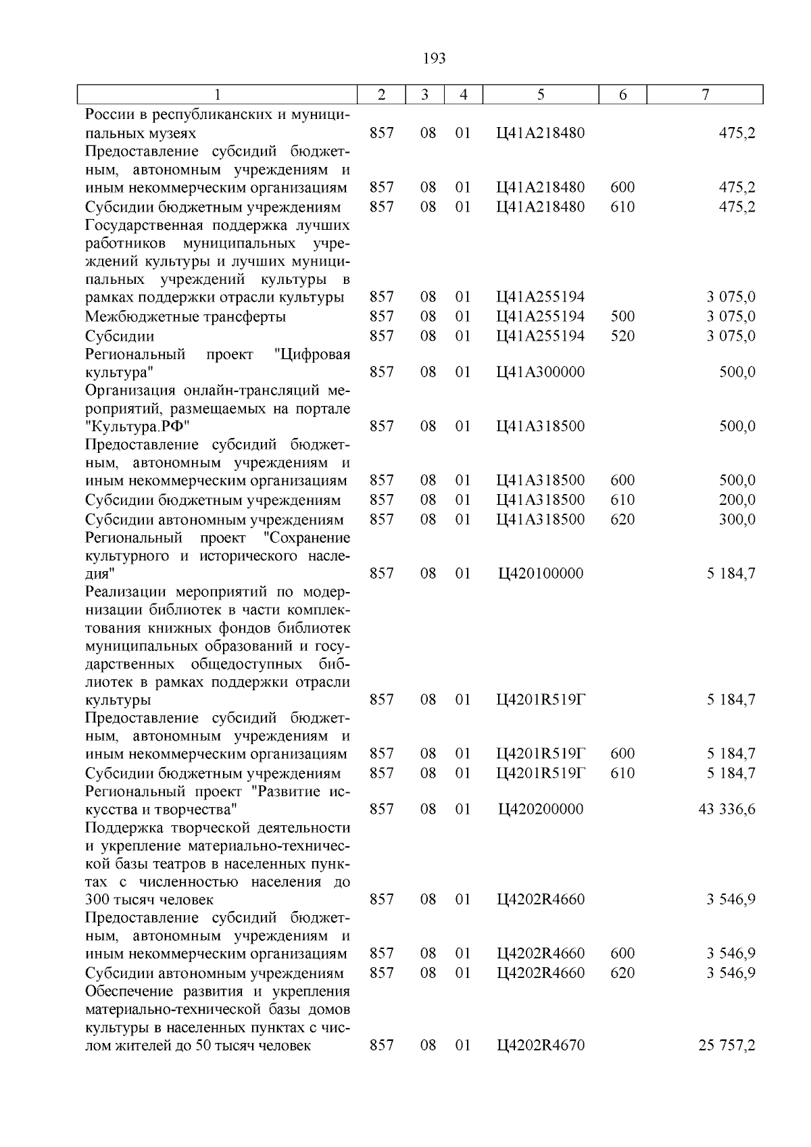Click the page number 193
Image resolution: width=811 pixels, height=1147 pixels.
pyautogui.click(x=434, y=59)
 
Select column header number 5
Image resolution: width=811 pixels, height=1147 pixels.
pyautogui.click(x=541, y=95)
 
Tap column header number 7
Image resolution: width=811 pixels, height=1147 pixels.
pyautogui.click(x=705, y=95)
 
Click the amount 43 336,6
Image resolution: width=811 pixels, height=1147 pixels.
pyautogui.click(x=727, y=809)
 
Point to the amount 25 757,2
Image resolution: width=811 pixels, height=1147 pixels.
pyautogui.click(x=727, y=1046)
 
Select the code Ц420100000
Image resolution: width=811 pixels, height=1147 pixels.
pyautogui.click(x=541, y=573)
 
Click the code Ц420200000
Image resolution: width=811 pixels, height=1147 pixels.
pyautogui.click(x=541, y=809)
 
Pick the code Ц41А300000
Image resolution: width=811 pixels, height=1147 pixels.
pyautogui.click(x=541, y=372)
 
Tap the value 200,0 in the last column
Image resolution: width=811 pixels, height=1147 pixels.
pyautogui.click(x=737, y=499)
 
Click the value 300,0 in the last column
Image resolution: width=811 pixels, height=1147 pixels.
pyautogui.click(x=737, y=519)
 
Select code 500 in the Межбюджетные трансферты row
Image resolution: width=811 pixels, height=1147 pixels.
pyautogui.click(x=622, y=316)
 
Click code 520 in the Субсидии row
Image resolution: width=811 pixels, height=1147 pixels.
pyautogui.click(x=622, y=336)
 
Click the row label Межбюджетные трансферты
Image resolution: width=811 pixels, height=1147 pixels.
pyautogui.click(x=185, y=316)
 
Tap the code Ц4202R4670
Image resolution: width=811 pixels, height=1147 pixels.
pyautogui.click(x=541, y=1046)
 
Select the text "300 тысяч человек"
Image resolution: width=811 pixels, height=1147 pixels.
pyautogui.click(x=149, y=900)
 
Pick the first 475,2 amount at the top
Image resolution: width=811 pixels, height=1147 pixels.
pyautogui.click(x=737, y=133)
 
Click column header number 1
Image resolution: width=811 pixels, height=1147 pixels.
pyautogui.click(x=217, y=95)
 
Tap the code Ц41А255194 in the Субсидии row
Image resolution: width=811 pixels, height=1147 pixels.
pyautogui.click(x=541, y=336)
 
